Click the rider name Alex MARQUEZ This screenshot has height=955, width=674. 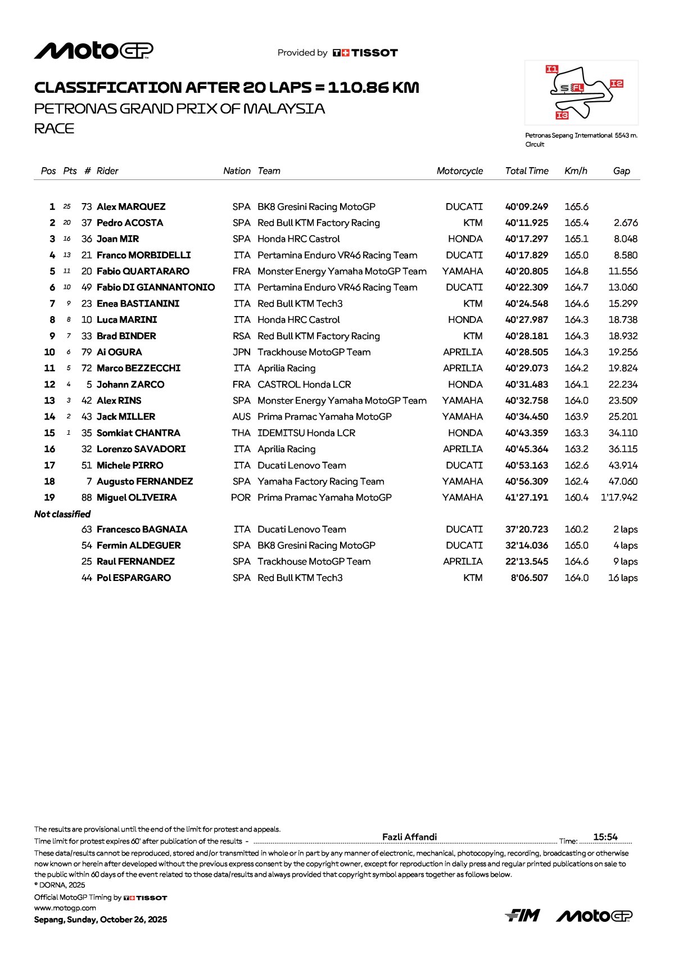[x=131, y=207]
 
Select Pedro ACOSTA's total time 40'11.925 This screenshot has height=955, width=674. [x=526, y=223]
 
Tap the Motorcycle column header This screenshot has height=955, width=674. [x=459, y=171]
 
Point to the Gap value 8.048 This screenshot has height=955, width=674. [x=625, y=239]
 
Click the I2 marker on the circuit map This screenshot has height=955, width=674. [x=617, y=84]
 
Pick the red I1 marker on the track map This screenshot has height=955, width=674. [x=552, y=69]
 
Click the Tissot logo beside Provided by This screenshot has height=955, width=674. [x=365, y=53]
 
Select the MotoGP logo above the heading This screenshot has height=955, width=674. [x=94, y=51]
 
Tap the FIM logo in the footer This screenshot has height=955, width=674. [x=522, y=916]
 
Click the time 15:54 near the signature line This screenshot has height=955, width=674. [x=605, y=837]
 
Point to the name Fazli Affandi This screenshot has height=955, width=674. [x=409, y=837]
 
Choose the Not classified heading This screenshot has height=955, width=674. [x=62, y=514]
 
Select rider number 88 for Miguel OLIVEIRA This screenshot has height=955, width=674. [x=87, y=498]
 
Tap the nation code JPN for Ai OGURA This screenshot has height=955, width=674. [x=242, y=352]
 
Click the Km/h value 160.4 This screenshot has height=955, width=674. [x=576, y=498]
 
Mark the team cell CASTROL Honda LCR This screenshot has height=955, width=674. [x=304, y=385]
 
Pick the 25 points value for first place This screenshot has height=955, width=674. [x=67, y=207]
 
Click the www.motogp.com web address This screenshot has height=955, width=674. [x=65, y=908]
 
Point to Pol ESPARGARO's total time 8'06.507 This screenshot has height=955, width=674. [x=529, y=578]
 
